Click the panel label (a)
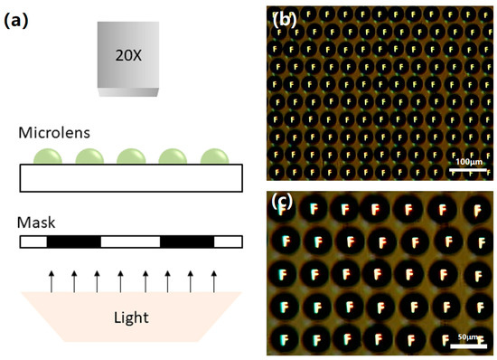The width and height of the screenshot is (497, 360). [20, 18]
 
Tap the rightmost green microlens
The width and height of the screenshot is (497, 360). [213, 156]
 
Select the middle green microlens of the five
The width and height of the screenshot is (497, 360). [130, 156]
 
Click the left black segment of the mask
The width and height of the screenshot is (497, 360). [73, 242]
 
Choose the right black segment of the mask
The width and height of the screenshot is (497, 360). [187, 242]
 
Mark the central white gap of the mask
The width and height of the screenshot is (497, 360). [130, 242]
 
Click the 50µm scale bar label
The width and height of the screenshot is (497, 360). [467, 336]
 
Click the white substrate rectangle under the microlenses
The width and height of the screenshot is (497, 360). [131, 178]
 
